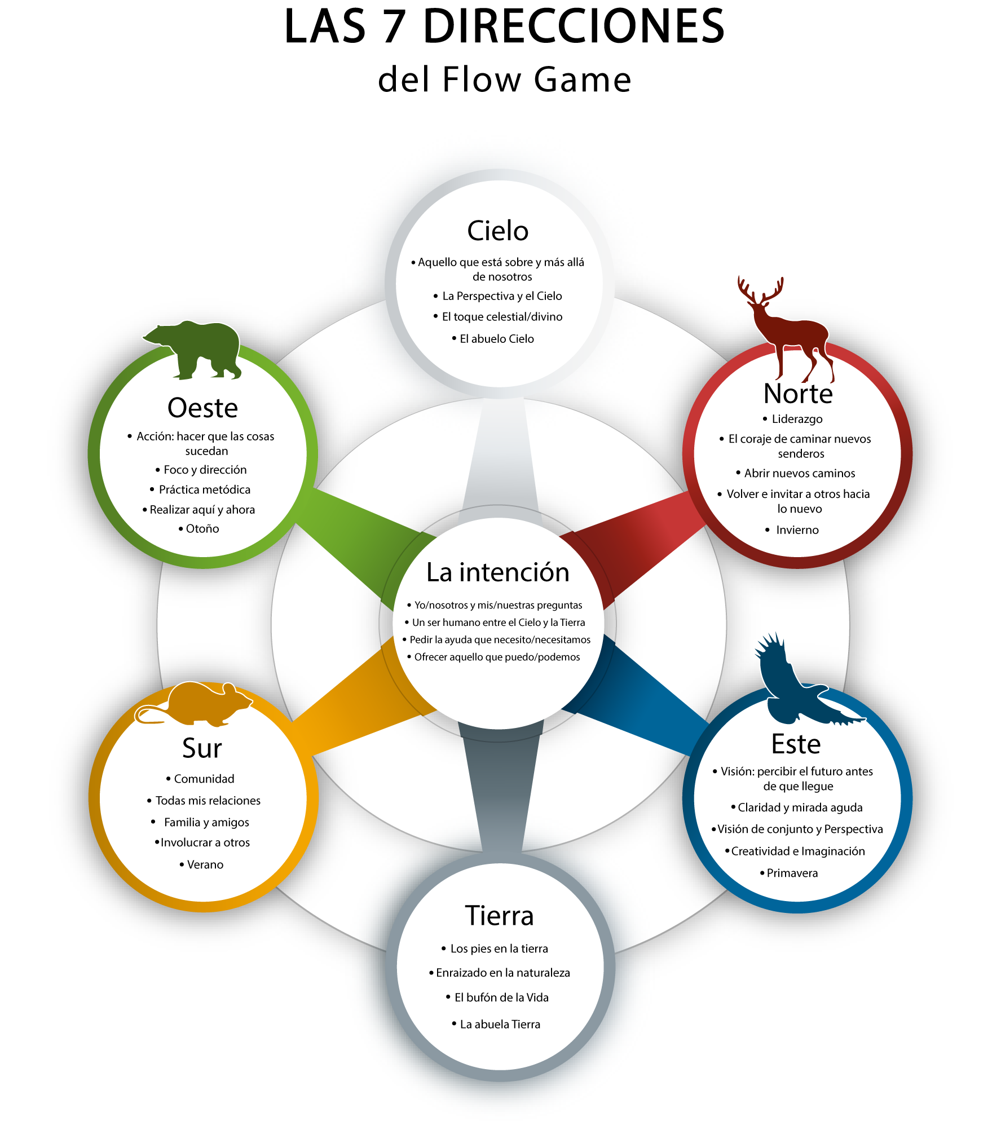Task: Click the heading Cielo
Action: click(498, 231)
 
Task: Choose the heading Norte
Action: click(798, 394)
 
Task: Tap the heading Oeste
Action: click(202, 408)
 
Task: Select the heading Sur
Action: click(202, 748)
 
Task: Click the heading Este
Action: click(796, 744)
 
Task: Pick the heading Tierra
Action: click(499, 915)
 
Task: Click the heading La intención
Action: click(498, 572)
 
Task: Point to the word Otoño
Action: click(202, 528)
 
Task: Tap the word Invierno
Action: click(797, 529)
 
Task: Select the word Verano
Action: click(205, 864)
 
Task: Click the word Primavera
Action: click(792, 873)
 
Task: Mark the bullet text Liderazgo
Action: click(797, 419)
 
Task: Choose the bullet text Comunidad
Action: click(204, 779)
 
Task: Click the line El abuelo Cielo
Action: click(497, 339)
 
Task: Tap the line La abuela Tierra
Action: click(500, 1024)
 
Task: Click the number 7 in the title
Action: click(394, 27)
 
